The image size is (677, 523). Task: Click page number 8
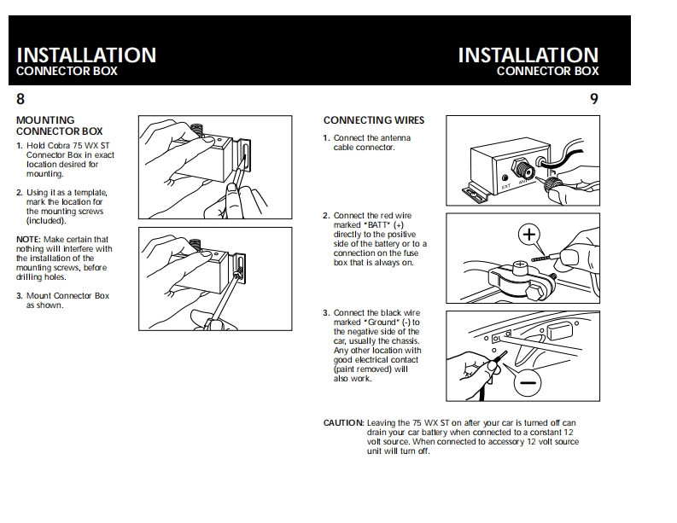[20, 99]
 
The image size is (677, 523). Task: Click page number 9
[594, 99]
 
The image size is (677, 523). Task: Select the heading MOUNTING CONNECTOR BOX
[59, 125]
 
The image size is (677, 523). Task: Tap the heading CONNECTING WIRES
[373, 120]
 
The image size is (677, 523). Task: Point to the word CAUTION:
[343, 423]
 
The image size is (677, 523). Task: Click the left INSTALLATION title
[86, 55]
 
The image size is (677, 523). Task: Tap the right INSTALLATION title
[528, 55]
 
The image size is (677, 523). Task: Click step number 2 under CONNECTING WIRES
[326, 217]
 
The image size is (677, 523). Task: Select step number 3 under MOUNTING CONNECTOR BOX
[19, 296]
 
